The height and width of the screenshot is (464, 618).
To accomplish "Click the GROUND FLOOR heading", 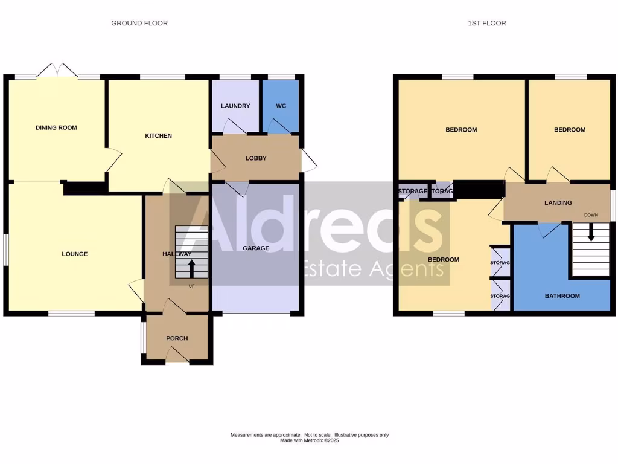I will point(139,23).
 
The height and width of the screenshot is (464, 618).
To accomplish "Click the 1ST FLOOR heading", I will point(487,23).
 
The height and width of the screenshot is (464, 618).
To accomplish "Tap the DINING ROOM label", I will point(56,127).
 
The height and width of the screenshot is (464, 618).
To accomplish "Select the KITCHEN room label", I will point(158,136).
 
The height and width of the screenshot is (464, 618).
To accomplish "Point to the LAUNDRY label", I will point(235,106).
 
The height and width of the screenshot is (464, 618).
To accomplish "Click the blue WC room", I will point(281,106).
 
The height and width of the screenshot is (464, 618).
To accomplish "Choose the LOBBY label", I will point(256,158).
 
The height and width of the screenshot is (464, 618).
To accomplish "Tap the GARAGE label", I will point(256,248).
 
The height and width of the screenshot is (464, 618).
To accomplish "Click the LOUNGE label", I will point(75,254).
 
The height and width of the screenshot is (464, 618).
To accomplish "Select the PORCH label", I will point(177,338).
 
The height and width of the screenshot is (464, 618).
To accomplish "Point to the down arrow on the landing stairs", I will point(591,232).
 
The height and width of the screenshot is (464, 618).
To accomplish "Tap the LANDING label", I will point(558,203).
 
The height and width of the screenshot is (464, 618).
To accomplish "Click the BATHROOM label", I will point(562,296).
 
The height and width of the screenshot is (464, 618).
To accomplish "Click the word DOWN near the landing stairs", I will point(591,215).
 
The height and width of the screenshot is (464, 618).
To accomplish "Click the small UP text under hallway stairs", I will point(192,286).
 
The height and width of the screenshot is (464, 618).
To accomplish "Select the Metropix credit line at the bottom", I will point(309,440).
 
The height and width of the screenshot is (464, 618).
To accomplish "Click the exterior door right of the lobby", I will point(308,160).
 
